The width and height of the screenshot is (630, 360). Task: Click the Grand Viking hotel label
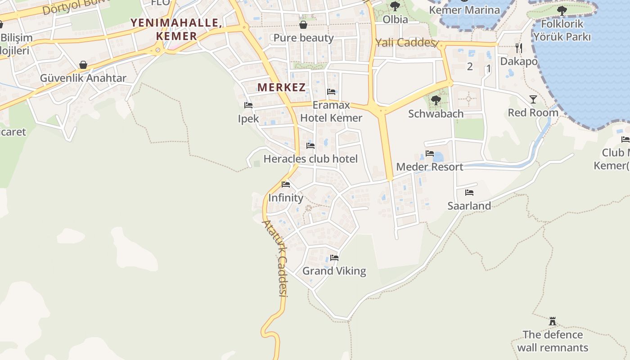pos(334,271)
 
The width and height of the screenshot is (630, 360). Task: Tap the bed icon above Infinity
pos(286,184)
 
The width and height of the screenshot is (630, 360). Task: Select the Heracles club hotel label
pos(310,159)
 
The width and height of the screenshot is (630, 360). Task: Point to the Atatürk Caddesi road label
pos(275,258)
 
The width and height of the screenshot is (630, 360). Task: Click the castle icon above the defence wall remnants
pos(553,321)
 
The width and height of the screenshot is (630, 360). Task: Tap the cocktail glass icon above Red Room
pos(533,99)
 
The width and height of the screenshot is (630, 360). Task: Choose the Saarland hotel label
pos(469,206)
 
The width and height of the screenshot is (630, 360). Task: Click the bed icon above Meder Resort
pos(430,154)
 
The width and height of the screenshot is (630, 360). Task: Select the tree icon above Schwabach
pos(436,100)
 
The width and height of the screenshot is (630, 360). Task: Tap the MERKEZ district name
pos(282,87)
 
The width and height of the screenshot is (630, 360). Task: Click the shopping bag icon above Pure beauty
pos(303,24)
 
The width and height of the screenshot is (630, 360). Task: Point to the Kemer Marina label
pos(464,10)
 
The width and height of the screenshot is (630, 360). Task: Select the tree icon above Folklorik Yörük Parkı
pos(562,10)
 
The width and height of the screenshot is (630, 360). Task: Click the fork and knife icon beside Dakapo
pos(519,47)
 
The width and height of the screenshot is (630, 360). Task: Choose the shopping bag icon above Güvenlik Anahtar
pos(83,65)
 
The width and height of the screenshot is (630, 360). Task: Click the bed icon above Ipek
pos(248,105)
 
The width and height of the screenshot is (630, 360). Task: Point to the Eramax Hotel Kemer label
pos(331,112)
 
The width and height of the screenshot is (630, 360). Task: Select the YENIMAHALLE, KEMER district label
pos(176,29)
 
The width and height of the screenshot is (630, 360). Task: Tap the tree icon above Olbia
pos(395,6)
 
